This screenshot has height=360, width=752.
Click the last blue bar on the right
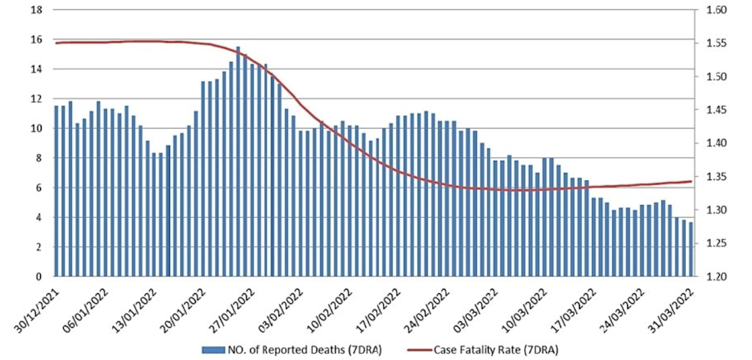(x=690, y=249)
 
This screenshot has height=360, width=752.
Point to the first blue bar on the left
(x=56, y=191)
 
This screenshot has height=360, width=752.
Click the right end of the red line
(x=691, y=181)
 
